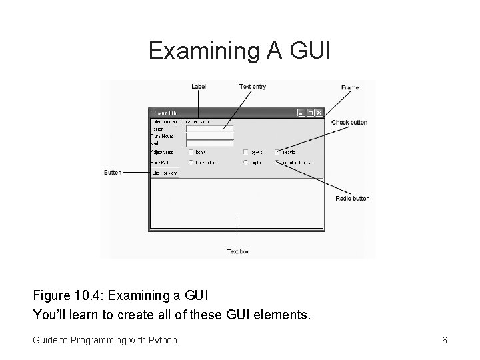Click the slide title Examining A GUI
239,50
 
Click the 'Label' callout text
199,86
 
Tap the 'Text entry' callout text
253,86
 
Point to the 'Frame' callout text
349,87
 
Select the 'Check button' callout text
349,123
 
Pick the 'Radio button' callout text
352,199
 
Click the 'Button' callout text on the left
113,172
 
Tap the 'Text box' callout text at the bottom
238,251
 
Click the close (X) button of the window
319,113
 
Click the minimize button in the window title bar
302,113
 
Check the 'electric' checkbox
277,151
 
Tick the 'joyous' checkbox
246,151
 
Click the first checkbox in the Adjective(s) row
191,151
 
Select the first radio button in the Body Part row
191,162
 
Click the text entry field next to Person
209,129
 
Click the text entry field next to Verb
209,143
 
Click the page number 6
444,340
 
